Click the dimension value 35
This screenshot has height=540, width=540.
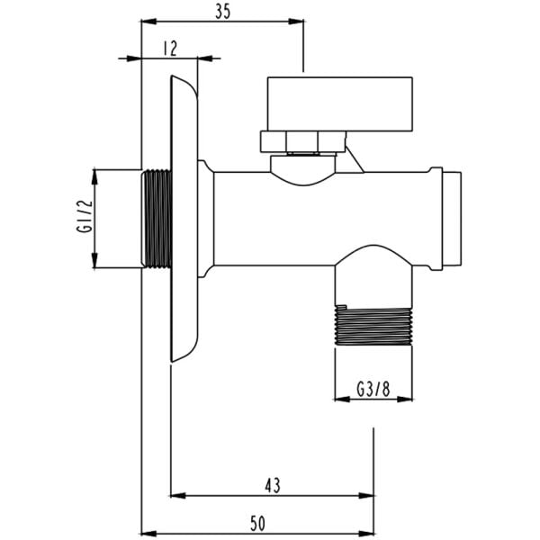click(222, 12)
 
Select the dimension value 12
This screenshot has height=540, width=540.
click(170, 49)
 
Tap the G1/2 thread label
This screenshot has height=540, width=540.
click(85, 217)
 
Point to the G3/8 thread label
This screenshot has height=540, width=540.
click(373, 390)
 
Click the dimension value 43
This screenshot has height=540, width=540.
click(273, 486)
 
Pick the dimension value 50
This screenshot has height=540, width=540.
click(257, 524)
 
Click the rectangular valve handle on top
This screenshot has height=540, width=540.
click(340, 104)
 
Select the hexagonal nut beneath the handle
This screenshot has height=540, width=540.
click(303, 141)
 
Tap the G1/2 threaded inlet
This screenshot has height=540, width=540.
click(157, 219)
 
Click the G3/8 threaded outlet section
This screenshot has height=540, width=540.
click(373, 325)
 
